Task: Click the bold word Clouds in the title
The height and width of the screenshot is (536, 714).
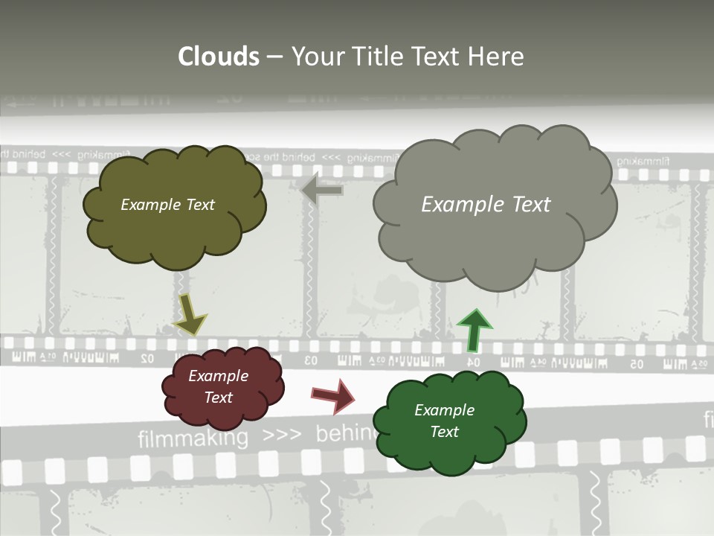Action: [219, 57]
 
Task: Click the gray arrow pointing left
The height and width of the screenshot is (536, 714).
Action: [322, 191]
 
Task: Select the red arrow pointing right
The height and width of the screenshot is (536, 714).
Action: [333, 396]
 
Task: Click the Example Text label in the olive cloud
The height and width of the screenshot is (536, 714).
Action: [167, 205]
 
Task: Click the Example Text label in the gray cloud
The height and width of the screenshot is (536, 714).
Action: [486, 205]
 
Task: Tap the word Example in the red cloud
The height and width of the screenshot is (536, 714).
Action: [218, 376]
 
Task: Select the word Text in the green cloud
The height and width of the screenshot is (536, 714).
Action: [444, 432]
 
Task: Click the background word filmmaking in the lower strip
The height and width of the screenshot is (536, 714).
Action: [193, 438]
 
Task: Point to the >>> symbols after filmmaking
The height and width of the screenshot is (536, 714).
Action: [281, 435]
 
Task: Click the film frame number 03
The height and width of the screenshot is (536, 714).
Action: [310, 361]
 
